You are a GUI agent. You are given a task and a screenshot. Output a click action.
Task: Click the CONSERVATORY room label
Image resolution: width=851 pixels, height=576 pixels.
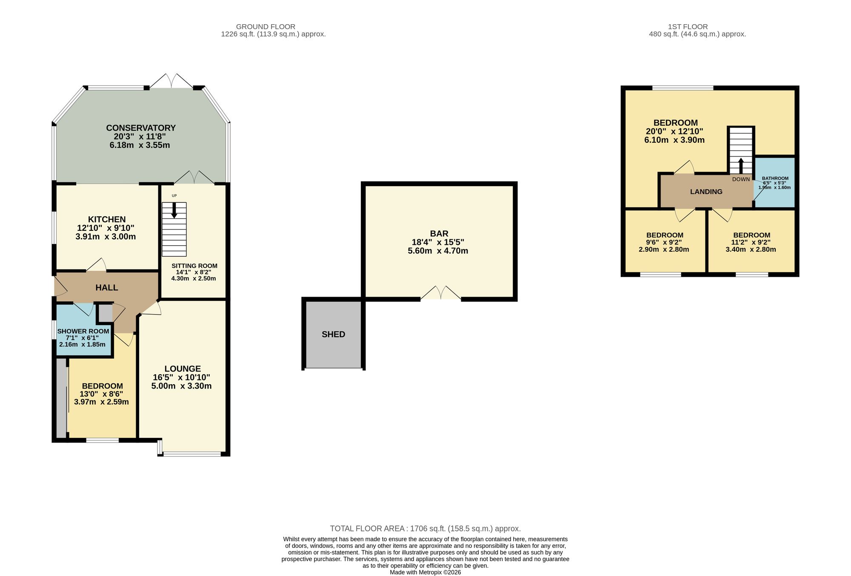point(140,128)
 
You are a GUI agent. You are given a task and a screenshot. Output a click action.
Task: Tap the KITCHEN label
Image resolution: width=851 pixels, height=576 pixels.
point(107,219)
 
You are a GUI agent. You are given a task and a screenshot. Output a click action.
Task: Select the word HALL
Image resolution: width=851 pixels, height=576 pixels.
point(107,288)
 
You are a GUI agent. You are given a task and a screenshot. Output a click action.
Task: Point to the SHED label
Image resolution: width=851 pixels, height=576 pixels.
point(334,335)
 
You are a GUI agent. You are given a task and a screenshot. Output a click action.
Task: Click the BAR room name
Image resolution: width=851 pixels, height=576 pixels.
point(439,233)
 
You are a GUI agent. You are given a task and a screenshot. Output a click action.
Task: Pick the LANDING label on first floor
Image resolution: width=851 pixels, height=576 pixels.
point(706,192)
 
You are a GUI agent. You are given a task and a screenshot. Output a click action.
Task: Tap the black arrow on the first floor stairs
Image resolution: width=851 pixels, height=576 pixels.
point(741,166)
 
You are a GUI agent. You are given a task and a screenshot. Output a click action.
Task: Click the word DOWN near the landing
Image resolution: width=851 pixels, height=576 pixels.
point(741,179)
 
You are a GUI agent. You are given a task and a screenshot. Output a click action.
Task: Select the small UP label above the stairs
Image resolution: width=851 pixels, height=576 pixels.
point(174,196)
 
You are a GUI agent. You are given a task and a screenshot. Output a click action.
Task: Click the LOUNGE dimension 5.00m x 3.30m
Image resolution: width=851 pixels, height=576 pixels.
point(181,386)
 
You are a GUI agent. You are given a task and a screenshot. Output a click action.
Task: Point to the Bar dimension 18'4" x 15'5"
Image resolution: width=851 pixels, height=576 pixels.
point(438,242)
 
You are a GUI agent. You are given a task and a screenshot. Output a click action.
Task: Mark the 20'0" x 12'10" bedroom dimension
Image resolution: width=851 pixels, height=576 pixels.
point(674,131)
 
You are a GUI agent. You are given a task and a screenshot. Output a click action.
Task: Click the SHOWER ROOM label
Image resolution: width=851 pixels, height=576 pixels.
point(83,331)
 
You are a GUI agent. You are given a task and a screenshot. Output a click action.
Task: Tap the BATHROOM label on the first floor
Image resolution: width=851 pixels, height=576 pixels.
point(775,179)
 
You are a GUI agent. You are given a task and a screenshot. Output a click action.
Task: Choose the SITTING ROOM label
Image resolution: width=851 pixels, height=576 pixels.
point(194,266)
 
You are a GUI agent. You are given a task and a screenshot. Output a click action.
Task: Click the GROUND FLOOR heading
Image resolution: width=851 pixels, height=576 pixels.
point(266,27)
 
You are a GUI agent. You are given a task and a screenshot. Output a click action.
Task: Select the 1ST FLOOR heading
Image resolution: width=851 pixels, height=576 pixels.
point(688,27)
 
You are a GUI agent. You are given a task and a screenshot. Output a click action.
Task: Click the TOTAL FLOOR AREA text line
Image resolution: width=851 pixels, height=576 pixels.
point(425,529)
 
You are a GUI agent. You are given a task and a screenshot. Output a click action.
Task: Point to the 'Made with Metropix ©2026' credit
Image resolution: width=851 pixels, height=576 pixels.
point(425,573)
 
